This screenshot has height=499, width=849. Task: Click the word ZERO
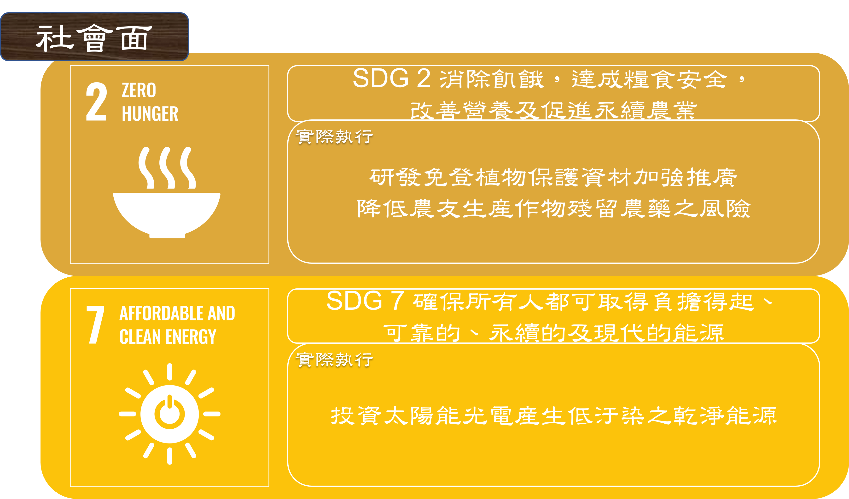(x=139, y=90)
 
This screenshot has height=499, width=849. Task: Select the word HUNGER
(x=150, y=113)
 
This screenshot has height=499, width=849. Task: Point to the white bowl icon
(x=167, y=215)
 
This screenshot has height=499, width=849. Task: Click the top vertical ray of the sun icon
(x=169, y=372)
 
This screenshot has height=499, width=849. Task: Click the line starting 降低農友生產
(x=553, y=209)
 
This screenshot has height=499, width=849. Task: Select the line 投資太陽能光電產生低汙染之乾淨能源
(x=553, y=415)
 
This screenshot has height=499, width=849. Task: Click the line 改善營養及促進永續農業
(x=553, y=110)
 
